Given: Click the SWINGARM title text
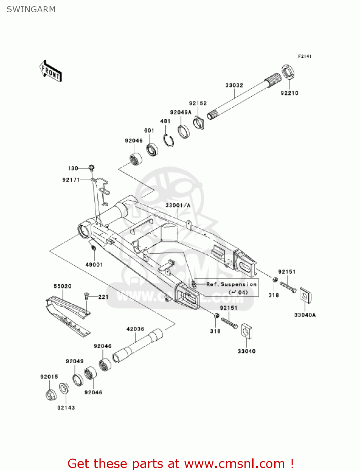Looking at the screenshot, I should click(31, 9).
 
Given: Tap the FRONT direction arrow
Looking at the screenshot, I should click(51, 71).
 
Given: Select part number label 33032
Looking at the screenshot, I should click(234, 85).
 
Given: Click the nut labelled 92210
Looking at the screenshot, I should click(288, 72).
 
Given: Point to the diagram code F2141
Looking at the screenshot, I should click(304, 56).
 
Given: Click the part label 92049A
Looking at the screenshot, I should click(180, 112).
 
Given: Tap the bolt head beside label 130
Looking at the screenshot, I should click(91, 168).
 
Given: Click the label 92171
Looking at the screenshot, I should click(71, 180).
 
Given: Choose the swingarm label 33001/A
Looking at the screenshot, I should click(178, 205).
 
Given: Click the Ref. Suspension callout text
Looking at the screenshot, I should click(231, 284).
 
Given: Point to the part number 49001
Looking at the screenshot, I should click(94, 264).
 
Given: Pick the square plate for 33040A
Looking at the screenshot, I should click(305, 295).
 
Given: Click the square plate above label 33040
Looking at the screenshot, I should click(247, 331).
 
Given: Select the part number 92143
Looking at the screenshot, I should click(66, 408).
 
